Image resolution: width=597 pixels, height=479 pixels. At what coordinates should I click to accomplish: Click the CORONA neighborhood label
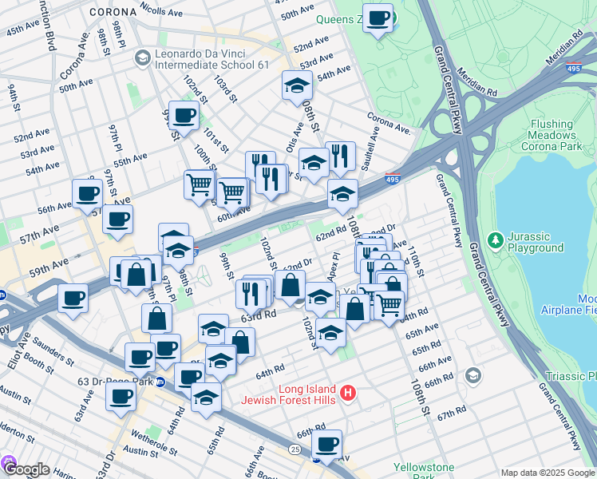point(113,13)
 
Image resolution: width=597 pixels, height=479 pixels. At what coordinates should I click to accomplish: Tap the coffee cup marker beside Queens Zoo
point(378,18)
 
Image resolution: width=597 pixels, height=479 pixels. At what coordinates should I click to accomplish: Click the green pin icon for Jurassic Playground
point(495,238)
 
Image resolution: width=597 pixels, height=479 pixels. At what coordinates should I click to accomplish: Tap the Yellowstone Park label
point(423,473)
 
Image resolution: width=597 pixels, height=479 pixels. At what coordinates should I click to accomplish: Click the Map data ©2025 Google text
point(547,473)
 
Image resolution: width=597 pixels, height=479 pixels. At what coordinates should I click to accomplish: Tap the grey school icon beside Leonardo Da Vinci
point(142,57)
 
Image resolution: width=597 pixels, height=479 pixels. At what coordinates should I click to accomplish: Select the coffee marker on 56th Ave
point(87,193)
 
